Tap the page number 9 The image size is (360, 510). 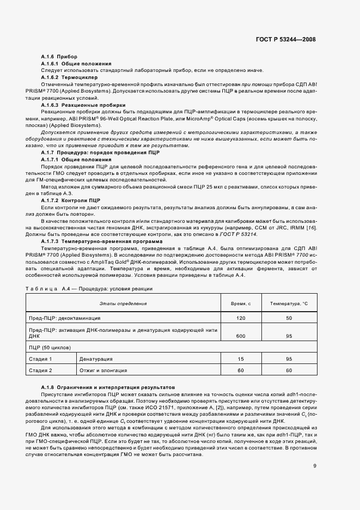pos(315,450)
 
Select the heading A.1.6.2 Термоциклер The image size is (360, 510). pos(62,77)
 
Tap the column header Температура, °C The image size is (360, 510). pos(289,303)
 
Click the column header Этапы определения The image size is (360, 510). pos(123,303)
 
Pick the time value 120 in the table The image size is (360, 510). pos(241,318)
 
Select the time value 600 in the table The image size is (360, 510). pos(241,337)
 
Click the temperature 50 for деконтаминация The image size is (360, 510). pos(289,318)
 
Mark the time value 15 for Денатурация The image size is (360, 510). pos(241,359)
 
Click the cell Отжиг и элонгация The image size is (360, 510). pos(101,371)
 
